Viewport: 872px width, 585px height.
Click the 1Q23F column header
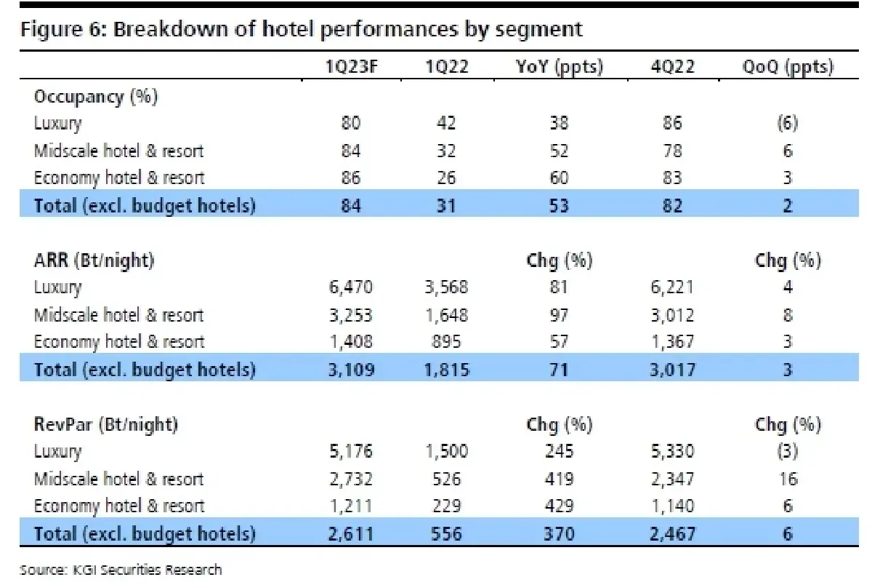352,67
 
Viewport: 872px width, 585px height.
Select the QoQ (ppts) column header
788,67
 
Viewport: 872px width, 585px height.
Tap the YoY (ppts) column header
559,67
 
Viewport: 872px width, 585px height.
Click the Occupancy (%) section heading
97,97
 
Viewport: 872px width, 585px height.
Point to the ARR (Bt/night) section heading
94,260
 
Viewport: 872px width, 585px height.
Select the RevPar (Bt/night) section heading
106,424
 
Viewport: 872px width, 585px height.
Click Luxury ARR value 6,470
352,287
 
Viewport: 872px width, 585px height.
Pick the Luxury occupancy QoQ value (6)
788,124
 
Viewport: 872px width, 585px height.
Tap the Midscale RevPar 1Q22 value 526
446,479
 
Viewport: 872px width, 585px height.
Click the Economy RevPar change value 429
559,506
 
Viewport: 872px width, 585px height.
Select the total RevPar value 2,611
352,534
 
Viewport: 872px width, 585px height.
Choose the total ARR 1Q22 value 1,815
446,370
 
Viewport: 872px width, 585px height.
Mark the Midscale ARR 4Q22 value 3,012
672,315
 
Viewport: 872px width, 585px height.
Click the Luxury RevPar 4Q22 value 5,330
672,451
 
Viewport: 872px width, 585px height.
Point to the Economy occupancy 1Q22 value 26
446,178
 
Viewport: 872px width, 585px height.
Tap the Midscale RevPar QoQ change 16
788,479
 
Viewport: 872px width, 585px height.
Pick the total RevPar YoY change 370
559,534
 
